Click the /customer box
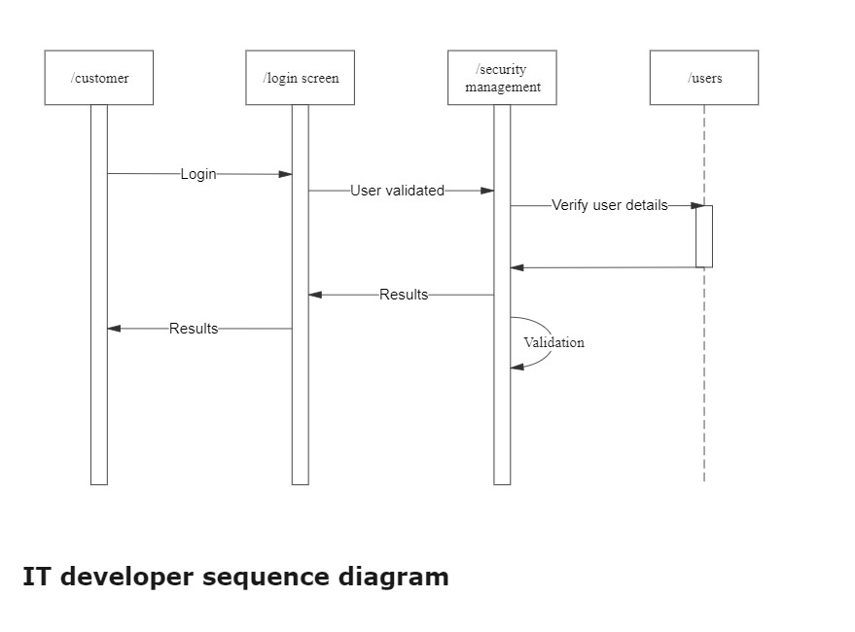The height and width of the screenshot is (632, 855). click(x=99, y=78)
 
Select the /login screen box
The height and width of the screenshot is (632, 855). click(x=300, y=78)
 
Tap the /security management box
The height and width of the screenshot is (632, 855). click(x=502, y=78)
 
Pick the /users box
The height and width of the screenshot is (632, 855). click(x=704, y=78)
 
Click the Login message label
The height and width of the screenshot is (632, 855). click(x=198, y=174)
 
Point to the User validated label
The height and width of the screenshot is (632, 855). click(x=397, y=191)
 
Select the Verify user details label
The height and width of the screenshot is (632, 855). click(x=610, y=205)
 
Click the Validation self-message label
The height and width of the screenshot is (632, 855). click(x=553, y=342)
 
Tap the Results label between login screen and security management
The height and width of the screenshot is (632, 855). click(x=404, y=295)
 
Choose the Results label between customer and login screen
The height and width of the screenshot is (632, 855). click(x=194, y=329)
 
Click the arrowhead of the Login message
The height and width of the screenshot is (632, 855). click(x=286, y=174)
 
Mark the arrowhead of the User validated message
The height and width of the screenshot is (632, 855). click(x=487, y=191)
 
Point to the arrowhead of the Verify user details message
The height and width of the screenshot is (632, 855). click(x=697, y=205)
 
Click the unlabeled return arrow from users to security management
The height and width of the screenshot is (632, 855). click(x=603, y=267)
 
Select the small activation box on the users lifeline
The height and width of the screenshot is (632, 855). click(x=704, y=236)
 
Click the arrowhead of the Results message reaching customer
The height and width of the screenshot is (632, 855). click(x=114, y=329)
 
